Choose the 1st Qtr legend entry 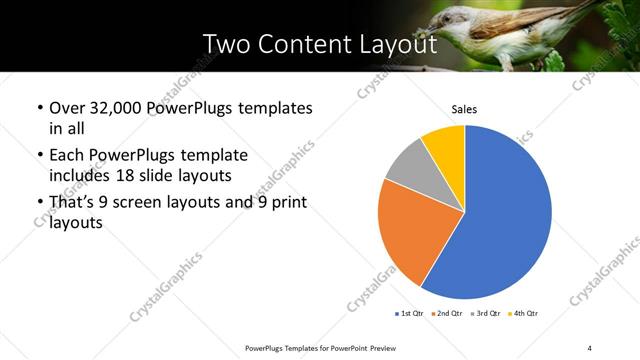pyautogui.click(x=410, y=314)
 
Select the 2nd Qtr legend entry pyautogui.click(x=445, y=314)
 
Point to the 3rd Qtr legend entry pyautogui.click(x=482, y=314)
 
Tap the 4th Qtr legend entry pyautogui.click(x=520, y=314)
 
